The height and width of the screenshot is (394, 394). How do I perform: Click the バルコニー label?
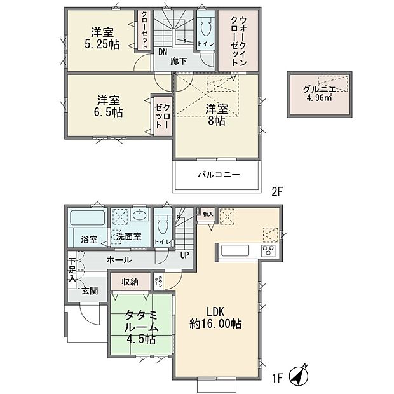217,174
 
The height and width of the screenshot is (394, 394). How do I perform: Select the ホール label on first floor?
119,260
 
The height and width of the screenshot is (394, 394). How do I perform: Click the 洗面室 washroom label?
128,237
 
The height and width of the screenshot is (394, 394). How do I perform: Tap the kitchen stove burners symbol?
269,251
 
